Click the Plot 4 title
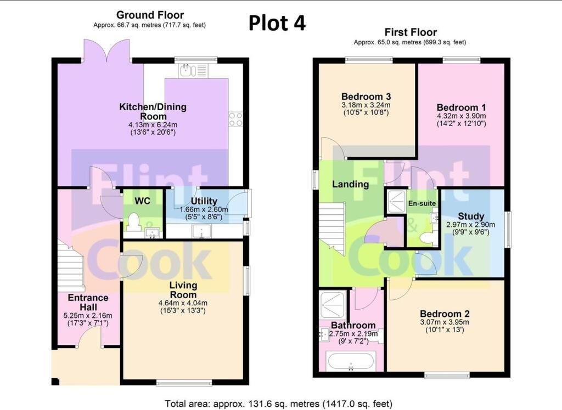[x=277, y=23]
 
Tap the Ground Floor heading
[x=150, y=15]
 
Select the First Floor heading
[x=411, y=32]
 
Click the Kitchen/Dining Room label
[x=153, y=111]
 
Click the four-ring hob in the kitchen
[x=235, y=119]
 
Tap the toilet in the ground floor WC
[x=133, y=222]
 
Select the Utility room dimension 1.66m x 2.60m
[x=204, y=209]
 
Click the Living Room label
[x=183, y=290]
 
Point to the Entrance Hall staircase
[x=71, y=265]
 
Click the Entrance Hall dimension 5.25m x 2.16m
[x=88, y=316]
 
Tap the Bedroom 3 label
[x=366, y=96]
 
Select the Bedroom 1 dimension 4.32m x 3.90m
[x=461, y=116]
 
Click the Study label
[x=471, y=217]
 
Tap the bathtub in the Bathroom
[x=351, y=361]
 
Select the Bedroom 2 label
[x=445, y=314]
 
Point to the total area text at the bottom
[x=278, y=404]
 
